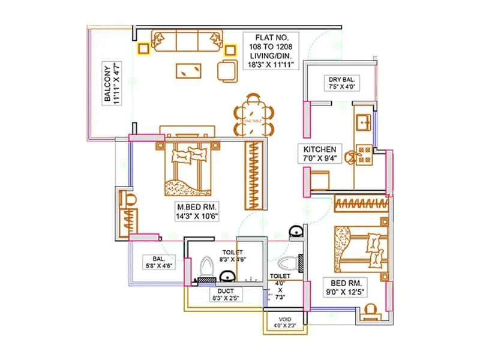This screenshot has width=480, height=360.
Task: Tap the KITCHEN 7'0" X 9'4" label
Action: (x=323, y=154)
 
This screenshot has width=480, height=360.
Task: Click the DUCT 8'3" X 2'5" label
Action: (x=226, y=294)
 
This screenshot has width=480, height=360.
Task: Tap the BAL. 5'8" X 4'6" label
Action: (x=158, y=262)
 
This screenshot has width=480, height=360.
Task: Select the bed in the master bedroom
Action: (x=186, y=167)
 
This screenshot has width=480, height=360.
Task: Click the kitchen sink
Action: (x=364, y=122)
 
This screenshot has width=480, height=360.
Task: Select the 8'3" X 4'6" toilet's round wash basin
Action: (x=227, y=277)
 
